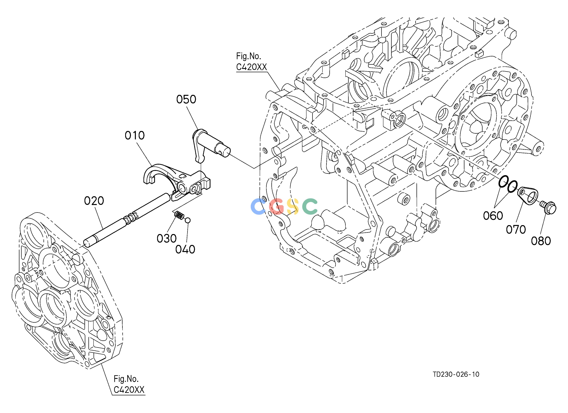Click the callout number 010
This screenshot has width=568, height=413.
coord(135,136)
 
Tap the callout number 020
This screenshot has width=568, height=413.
coord(94,201)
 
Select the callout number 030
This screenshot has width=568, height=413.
coord(166,238)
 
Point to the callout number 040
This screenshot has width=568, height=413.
coord(185,250)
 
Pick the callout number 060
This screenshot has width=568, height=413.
coord(493,216)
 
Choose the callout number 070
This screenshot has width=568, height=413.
coord(516,229)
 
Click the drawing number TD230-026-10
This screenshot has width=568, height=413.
coord(456,381)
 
